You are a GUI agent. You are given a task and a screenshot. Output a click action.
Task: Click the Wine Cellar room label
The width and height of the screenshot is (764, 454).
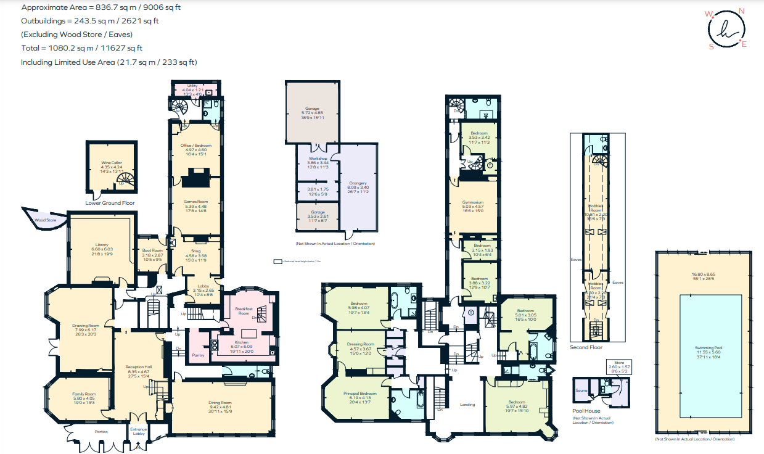112,163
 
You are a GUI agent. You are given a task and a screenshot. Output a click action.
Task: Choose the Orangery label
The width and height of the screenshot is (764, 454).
358,183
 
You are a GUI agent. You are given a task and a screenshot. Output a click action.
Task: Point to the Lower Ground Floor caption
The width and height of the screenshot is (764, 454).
110,202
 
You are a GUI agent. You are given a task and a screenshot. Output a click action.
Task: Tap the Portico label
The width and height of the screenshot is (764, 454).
101,431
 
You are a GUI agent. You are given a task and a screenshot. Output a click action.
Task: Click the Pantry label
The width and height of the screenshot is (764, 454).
198,355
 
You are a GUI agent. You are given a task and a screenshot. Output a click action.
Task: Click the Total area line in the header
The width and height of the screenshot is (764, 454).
82,47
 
